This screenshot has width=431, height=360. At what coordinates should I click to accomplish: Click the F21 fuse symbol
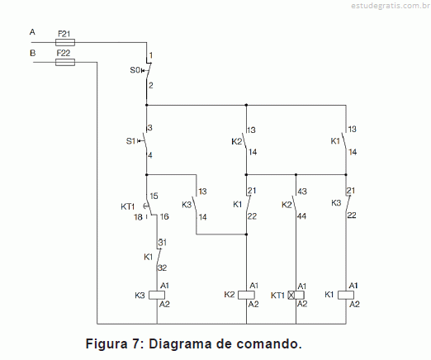coord(65,42)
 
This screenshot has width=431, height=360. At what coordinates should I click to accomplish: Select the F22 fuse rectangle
coord(65,63)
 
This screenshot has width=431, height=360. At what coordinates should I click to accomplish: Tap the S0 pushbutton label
coord(135,70)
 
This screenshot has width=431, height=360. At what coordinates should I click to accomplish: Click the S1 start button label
coord(130,141)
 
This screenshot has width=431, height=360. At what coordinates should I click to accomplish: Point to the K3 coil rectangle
coord(157,295)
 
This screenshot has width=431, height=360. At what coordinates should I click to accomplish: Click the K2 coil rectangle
coord(246,295)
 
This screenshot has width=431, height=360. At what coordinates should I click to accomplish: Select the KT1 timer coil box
coord(296,295)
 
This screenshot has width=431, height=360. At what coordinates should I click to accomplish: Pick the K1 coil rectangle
coord(346,295)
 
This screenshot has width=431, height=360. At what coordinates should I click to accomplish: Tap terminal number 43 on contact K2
coord(302,192)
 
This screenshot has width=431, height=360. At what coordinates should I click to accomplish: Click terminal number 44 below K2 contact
coord(301,216)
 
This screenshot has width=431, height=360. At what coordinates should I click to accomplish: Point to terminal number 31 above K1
coord(163,243)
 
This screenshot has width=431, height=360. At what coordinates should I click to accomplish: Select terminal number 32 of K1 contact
coord(162,268)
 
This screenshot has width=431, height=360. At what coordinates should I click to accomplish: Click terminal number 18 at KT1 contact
coord(138,217)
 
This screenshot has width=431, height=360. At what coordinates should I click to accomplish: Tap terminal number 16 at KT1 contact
coord(164,216)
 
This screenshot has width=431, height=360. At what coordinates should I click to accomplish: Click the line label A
coord(32,32)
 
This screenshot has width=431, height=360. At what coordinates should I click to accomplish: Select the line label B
coord(32,53)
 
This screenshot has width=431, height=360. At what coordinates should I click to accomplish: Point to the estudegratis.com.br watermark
coord(391,6)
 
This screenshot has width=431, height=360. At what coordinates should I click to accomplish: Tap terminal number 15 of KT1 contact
coord(154,196)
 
